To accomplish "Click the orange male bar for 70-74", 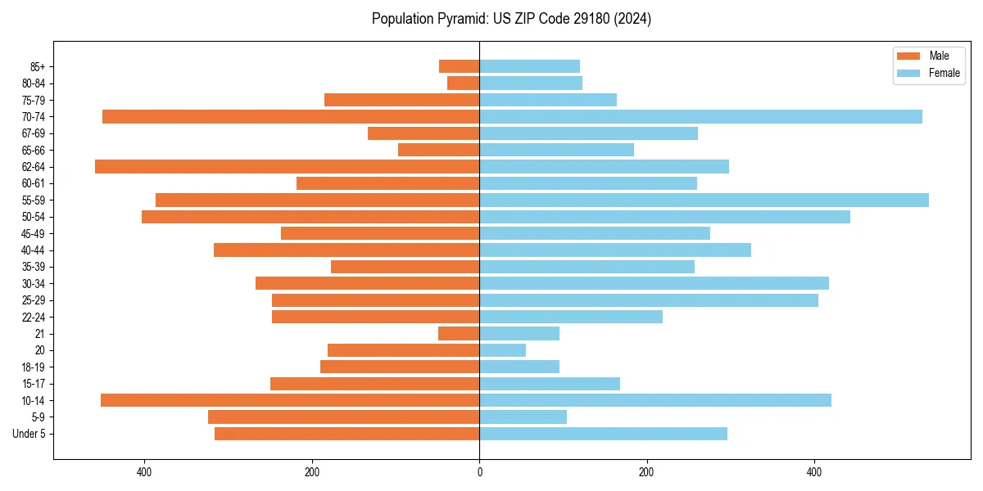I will pyautogui.click(x=291, y=116).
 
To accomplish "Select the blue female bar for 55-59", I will pyautogui.click(x=704, y=200).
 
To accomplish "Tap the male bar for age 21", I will pyautogui.click(x=459, y=333).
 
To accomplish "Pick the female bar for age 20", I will pyautogui.click(x=502, y=350).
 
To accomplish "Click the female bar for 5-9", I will pyautogui.click(x=523, y=417).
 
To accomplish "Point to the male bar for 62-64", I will pyautogui.click(x=287, y=166).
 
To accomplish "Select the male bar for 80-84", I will pyautogui.click(x=463, y=83).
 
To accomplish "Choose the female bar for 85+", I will pyautogui.click(x=529, y=66).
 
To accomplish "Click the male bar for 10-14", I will pyautogui.click(x=290, y=400).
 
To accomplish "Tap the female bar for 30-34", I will pyautogui.click(x=654, y=283).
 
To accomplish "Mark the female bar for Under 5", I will pyautogui.click(x=603, y=434).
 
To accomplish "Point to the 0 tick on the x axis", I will pyautogui.click(x=479, y=472).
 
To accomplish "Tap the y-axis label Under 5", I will pyautogui.click(x=29, y=434).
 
